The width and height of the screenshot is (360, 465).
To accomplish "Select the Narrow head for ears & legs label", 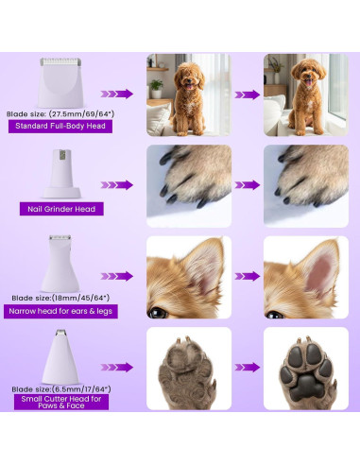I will (x=60, y=311).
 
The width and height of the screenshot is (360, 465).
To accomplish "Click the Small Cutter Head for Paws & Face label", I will (x=60, y=401).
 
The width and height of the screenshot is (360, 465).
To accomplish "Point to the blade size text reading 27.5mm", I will (x=59, y=112).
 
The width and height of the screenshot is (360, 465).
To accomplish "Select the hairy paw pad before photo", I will (x=188, y=368).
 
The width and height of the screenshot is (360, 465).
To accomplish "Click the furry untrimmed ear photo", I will (x=188, y=277).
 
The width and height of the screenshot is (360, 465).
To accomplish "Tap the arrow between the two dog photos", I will (x=247, y=95).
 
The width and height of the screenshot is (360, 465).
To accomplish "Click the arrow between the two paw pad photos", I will (x=247, y=367).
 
